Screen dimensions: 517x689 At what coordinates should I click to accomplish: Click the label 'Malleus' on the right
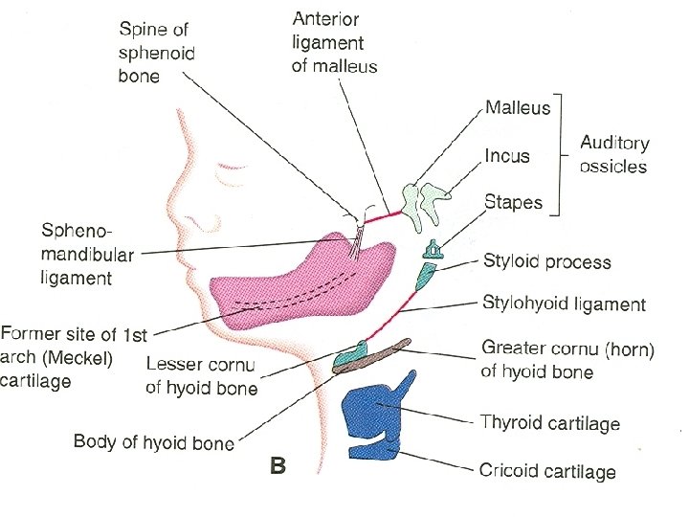coord(518,107)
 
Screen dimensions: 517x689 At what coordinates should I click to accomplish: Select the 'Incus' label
coord(507,155)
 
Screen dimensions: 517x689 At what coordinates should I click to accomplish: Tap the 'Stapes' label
coord(513,202)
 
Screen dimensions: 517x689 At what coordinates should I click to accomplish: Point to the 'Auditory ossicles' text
coord(613,154)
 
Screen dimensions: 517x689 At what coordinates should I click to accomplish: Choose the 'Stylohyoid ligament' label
coord(565,304)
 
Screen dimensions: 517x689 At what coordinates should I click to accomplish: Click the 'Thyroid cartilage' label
coord(550,422)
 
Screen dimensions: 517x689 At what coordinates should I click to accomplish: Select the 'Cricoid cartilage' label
coord(547,470)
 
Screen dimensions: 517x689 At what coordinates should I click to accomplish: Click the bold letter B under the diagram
coord(278,466)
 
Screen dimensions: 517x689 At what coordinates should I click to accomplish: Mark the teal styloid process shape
coord(426,277)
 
